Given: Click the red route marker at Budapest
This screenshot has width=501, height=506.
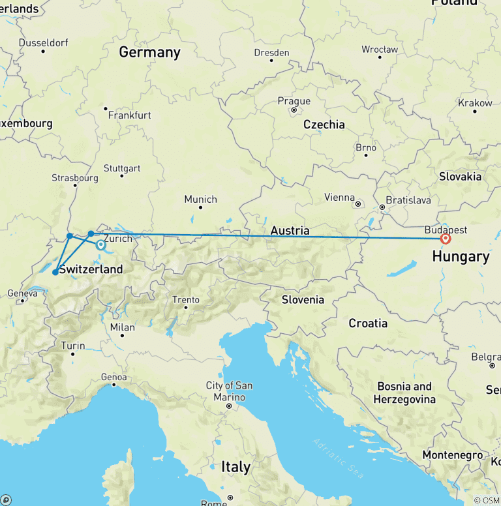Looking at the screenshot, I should [x=446, y=239].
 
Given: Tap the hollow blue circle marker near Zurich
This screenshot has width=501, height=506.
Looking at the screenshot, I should [x=101, y=246].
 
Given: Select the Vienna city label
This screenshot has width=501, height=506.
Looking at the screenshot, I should [x=341, y=198].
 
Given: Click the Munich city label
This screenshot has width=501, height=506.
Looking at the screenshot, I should [x=200, y=199].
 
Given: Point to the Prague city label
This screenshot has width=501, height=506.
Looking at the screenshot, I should [x=294, y=101].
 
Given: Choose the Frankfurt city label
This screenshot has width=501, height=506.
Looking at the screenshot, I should [x=129, y=115].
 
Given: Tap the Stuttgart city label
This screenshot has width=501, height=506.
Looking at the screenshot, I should [x=121, y=168].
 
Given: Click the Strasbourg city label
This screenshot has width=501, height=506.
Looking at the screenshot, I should [x=75, y=178].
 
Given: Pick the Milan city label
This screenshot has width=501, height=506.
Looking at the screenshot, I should [x=123, y=327].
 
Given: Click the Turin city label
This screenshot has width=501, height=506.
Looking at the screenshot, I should [x=72, y=346].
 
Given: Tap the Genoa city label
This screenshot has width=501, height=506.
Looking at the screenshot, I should [x=114, y=376].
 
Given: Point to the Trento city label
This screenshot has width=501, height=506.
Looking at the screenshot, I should [x=186, y=300].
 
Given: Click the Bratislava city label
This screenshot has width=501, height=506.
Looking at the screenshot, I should [x=408, y=200].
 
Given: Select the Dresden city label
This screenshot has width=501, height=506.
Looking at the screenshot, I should [x=272, y=53].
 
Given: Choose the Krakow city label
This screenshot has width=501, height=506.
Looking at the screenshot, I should [x=475, y=103].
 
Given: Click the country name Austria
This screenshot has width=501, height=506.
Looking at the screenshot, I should [x=290, y=230].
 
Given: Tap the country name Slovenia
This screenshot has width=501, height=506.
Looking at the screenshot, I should [x=303, y=300].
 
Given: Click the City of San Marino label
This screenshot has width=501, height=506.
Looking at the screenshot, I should [x=229, y=391].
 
